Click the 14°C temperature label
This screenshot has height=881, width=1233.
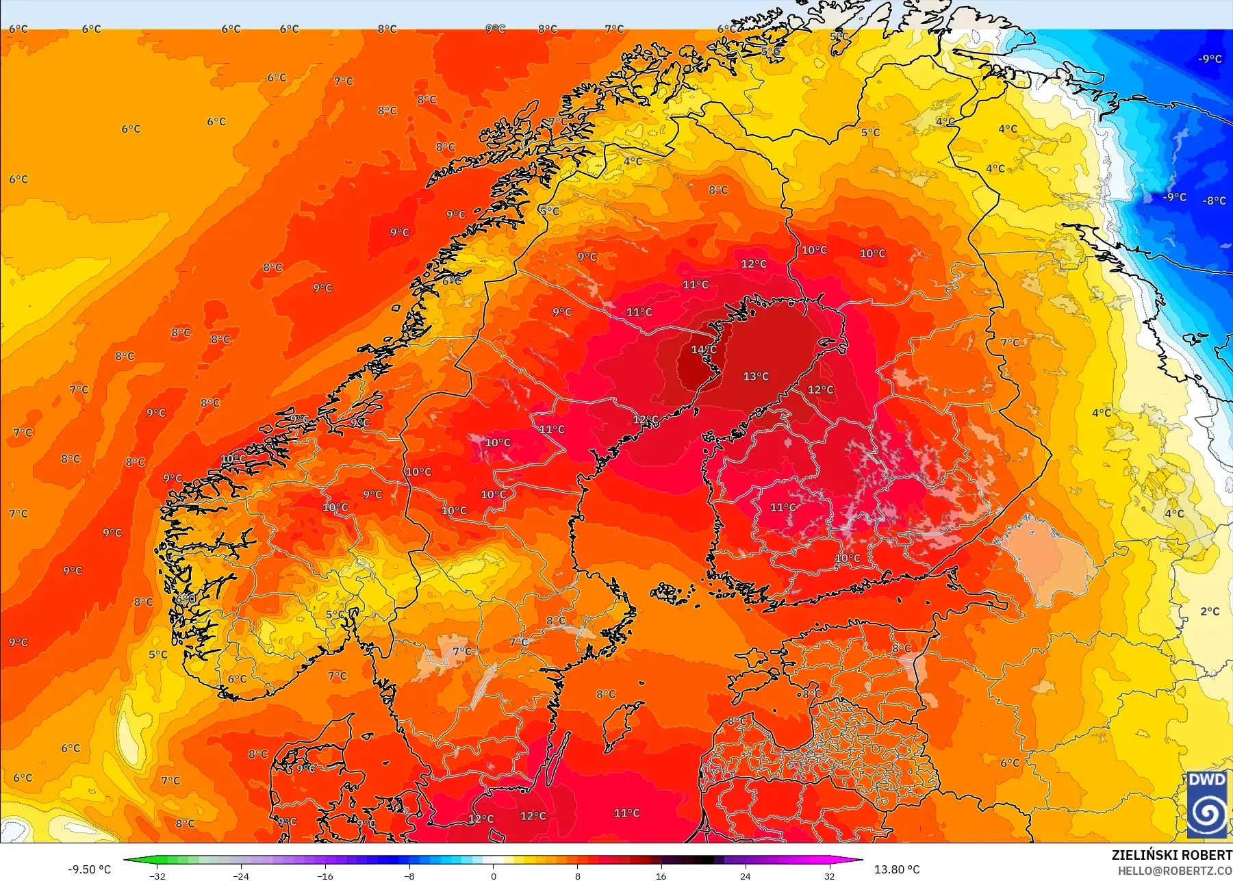(x=703, y=350)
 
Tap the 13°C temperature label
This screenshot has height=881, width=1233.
(x=756, y=376)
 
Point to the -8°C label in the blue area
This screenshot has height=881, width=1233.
(x=1215, y=201)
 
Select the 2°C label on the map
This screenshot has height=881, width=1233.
(x=1210, y=611)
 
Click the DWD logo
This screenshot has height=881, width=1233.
(x=1207, y=804)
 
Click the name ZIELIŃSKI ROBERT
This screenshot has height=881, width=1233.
(x=1171, y=855)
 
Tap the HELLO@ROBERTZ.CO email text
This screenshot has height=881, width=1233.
(x=1175, y=871)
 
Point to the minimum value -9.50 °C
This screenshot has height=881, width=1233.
(x=89, y=869)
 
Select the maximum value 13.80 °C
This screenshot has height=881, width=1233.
(x=897, y=869)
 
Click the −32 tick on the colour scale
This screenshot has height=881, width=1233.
(x=157, y=876)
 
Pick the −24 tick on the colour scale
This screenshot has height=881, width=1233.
(x=241, y=876)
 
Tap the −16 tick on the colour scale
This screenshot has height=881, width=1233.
(x=325, y=876)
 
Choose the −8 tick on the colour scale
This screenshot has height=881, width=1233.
(x=409, y=876)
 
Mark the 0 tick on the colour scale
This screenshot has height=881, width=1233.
(x=494, y=876)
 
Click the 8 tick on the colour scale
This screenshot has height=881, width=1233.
(x=577, y=876)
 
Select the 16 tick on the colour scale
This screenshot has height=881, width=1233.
(x=661, y=876)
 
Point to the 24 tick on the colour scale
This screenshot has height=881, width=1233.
(x=746, y=876)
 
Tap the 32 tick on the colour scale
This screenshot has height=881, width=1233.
(x=829, y=876)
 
